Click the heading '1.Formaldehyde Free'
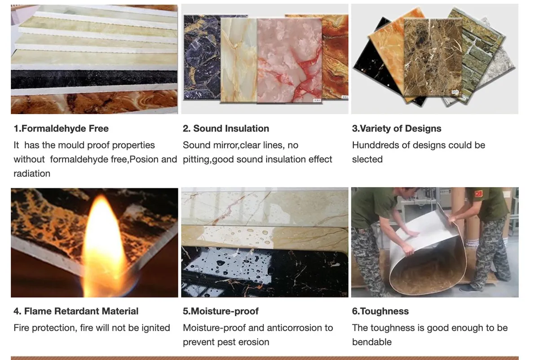pos(61,128)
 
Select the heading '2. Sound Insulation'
pos(225,128)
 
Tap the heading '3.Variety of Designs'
pos(397,128)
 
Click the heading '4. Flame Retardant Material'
pos(76,311)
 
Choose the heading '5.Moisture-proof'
pos(221,311)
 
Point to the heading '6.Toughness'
pos(380,311)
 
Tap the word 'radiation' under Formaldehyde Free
pos(32,173)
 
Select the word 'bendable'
pos(372,342)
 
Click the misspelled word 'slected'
pos(367,159)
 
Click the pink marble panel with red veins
pos(289,61)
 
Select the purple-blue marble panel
pos(202,57)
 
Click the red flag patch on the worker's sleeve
pos(478,194)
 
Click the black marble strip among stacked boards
pos(94,79)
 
